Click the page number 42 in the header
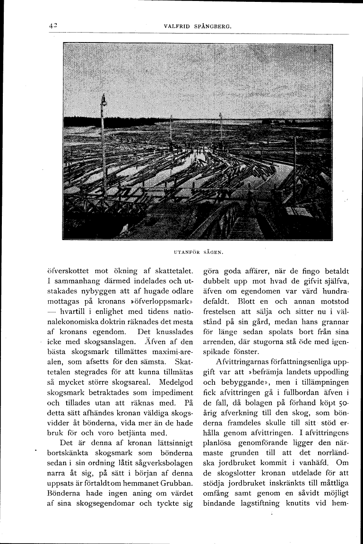tap(52, 26)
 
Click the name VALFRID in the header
tap(176, 26)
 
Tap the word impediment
tap(170, 393)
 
